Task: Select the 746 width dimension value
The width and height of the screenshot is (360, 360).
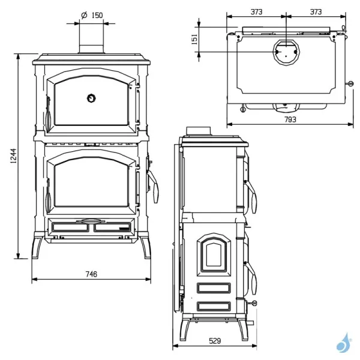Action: (91, 274)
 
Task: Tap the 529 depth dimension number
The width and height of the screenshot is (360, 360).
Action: (215, 341)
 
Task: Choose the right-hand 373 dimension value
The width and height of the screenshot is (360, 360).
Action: (316, 11)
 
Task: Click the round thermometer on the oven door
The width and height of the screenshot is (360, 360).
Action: (91, 97)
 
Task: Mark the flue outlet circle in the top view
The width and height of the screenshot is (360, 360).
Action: (286, 52)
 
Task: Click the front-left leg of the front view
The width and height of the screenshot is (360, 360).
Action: (39, 247)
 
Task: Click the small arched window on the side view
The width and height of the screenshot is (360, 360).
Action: (213, 251)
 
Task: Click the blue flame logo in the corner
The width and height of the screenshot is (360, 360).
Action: (344, 343)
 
